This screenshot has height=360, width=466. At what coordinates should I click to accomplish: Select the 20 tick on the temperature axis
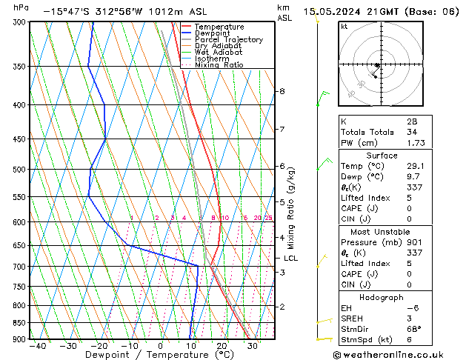coord(222,346)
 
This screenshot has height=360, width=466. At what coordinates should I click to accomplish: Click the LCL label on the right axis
coord(291,258)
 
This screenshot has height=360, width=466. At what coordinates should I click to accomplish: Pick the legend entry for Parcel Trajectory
coord(228,40)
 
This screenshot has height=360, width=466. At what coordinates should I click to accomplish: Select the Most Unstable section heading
coord(372,231)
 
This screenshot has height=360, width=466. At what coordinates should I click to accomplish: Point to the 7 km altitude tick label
coord(282,130)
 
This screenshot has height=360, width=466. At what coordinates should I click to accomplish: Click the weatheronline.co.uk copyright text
coord(399,354)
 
